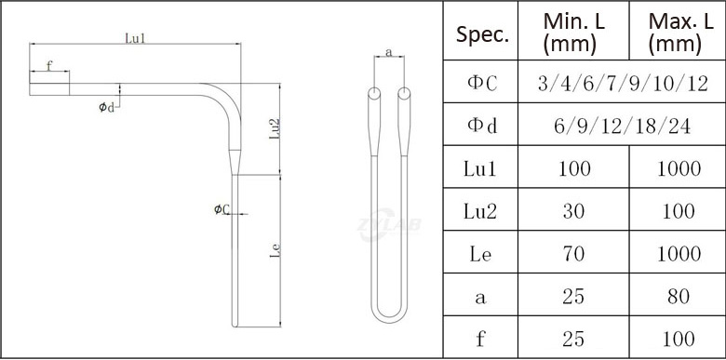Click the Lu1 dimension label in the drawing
[135, 38]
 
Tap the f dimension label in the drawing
[49, 65]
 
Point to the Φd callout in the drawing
[106, 107]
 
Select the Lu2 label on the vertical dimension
[275, 128]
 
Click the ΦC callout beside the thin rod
[222, 209]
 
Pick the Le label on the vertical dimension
[275, 250]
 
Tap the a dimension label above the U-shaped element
[389, 52]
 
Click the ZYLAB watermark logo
[389, 224]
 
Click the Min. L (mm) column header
[573, 33]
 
